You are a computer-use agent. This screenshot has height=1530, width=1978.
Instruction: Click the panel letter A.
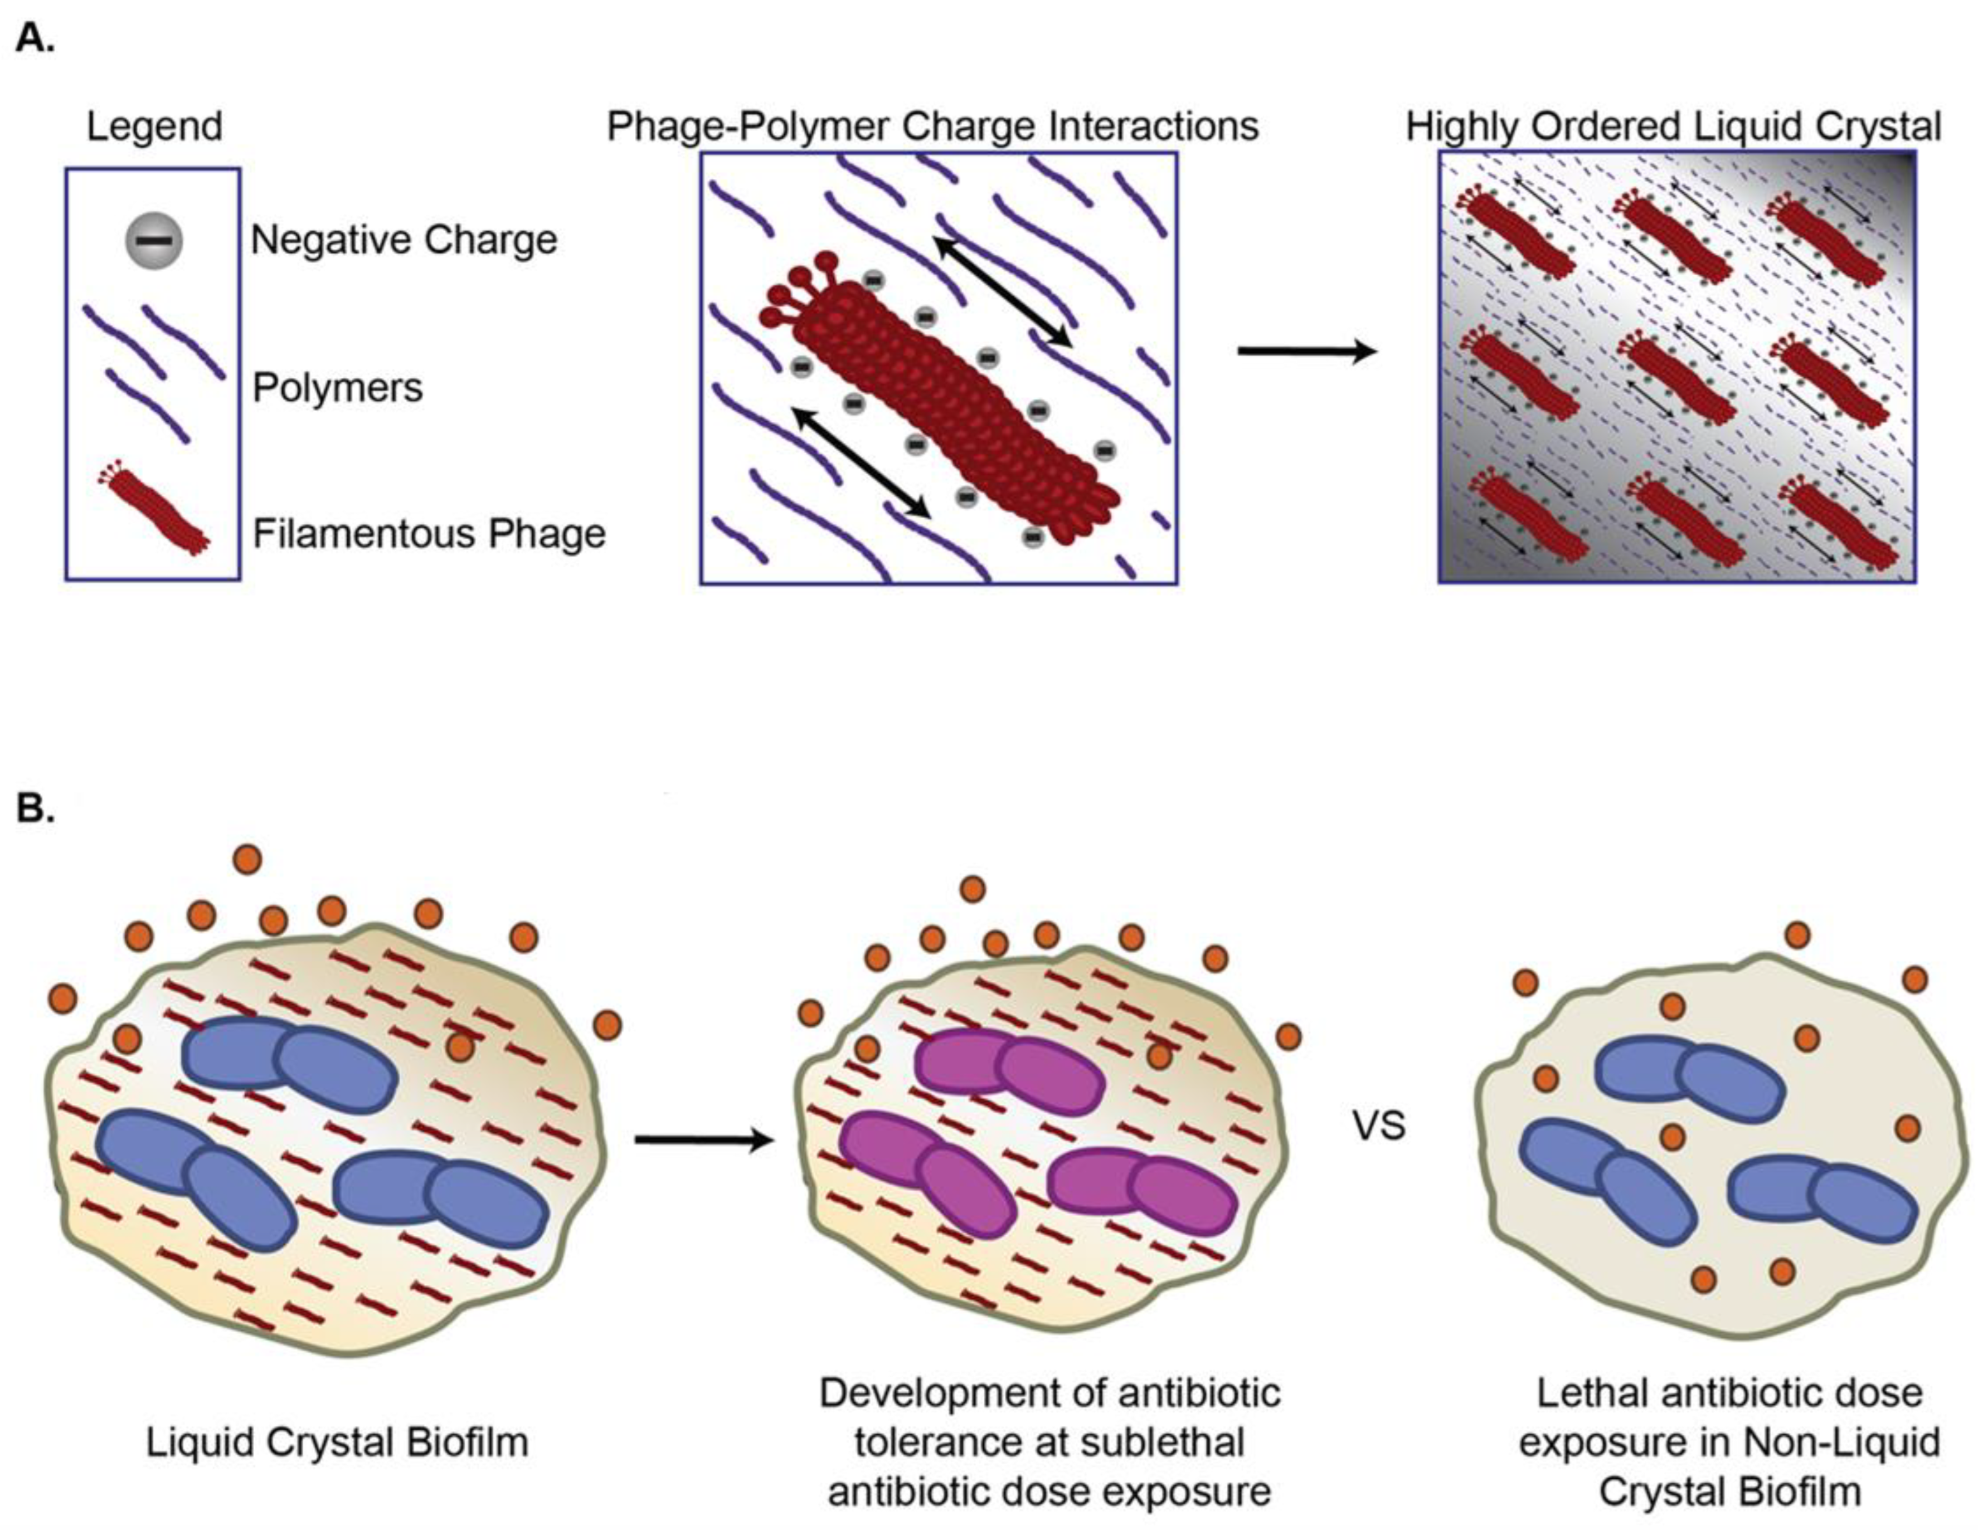point(35,40)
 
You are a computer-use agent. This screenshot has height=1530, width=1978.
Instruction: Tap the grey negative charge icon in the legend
point(154,241)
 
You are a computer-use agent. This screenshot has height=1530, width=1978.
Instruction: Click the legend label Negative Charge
point(404,241)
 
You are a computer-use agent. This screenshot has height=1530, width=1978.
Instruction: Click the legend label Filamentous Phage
point(429,534)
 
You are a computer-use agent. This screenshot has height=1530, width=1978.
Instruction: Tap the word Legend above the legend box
point(154,126)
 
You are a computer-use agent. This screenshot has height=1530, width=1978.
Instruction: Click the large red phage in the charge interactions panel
point(942,398)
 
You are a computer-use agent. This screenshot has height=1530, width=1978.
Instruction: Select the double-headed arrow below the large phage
point(861,462)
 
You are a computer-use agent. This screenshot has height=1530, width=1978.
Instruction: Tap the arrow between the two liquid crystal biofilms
point(704,1141)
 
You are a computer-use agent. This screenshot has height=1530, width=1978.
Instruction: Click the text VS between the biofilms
point(1378,1126)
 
